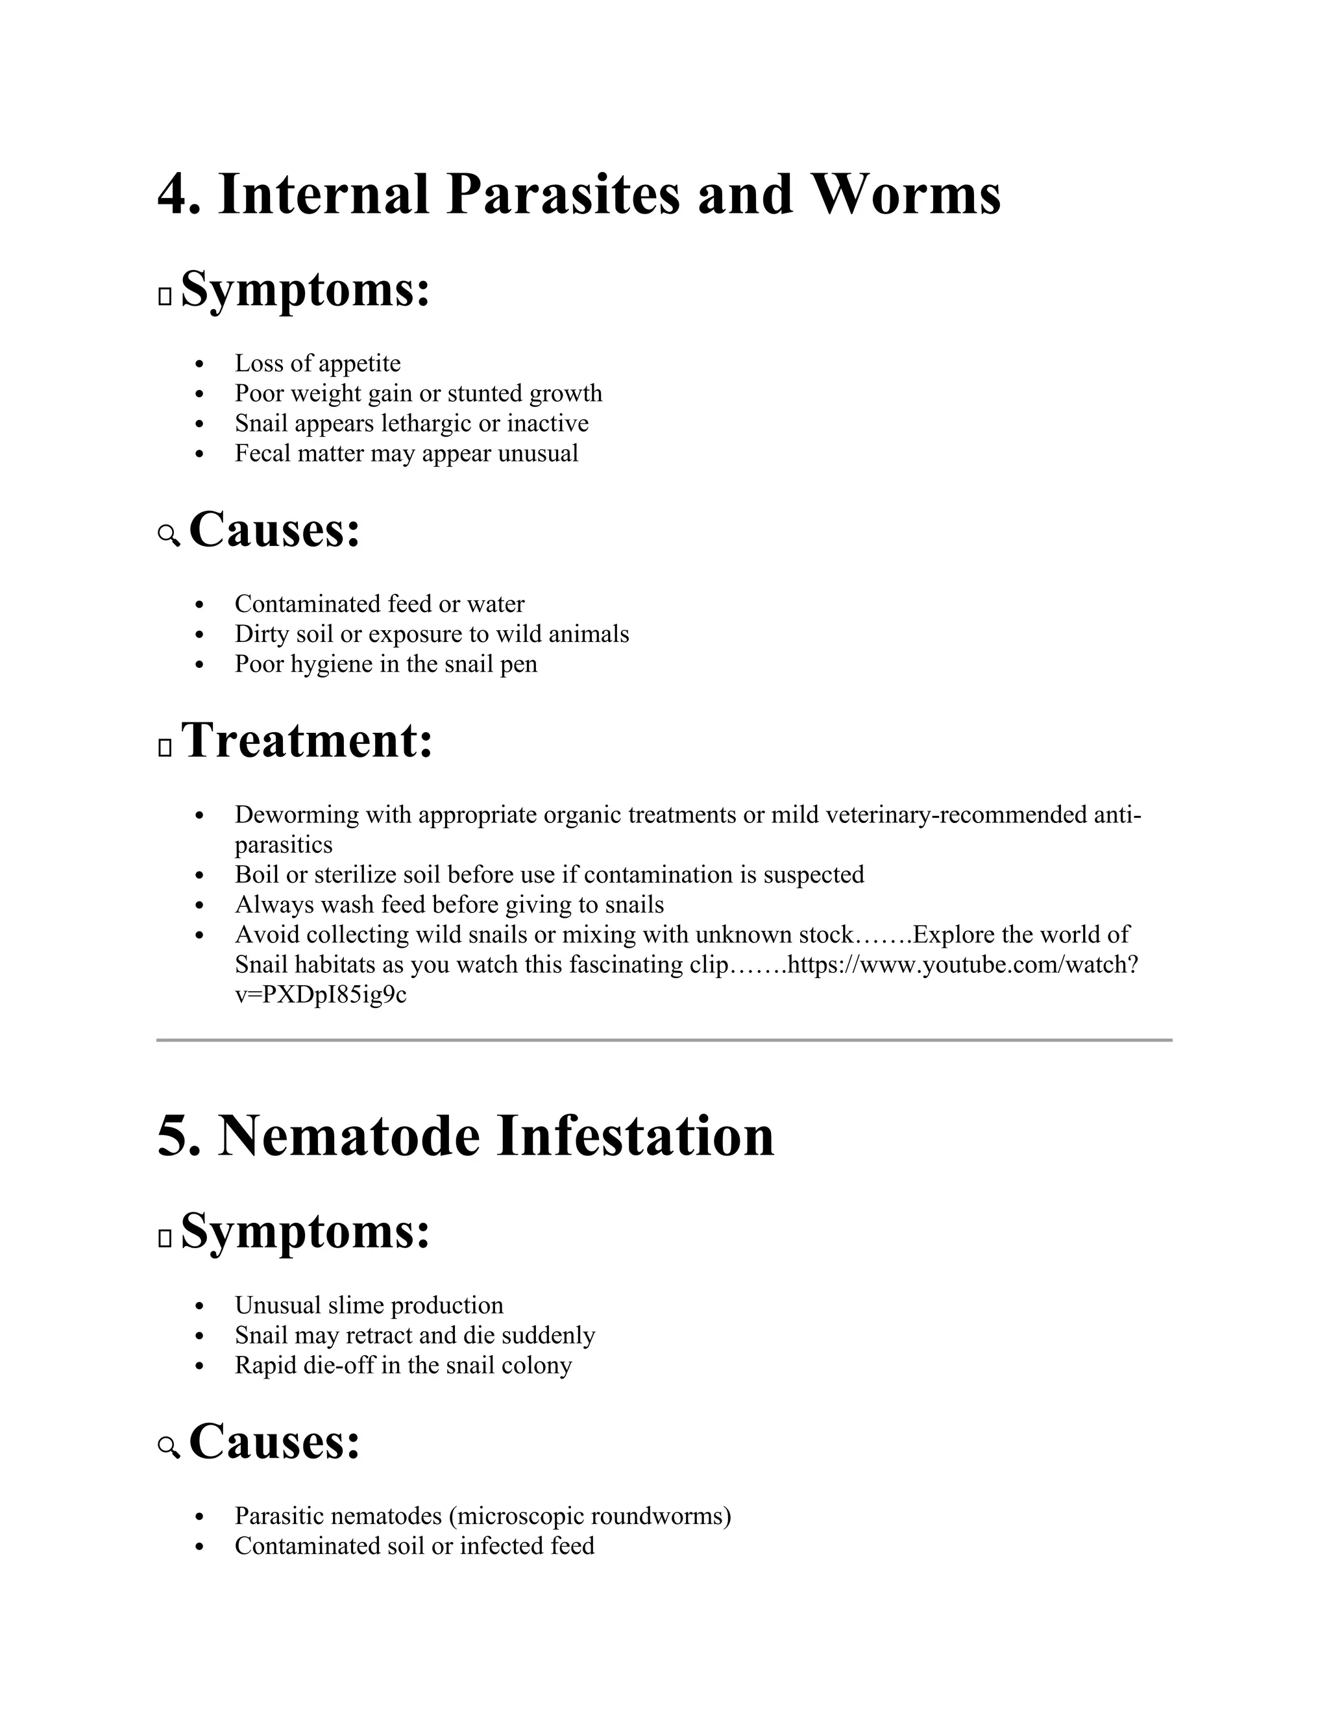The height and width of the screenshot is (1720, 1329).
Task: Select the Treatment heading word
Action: tap(307, 742)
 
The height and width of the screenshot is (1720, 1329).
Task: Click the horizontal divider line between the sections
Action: tap(664, 1040)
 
